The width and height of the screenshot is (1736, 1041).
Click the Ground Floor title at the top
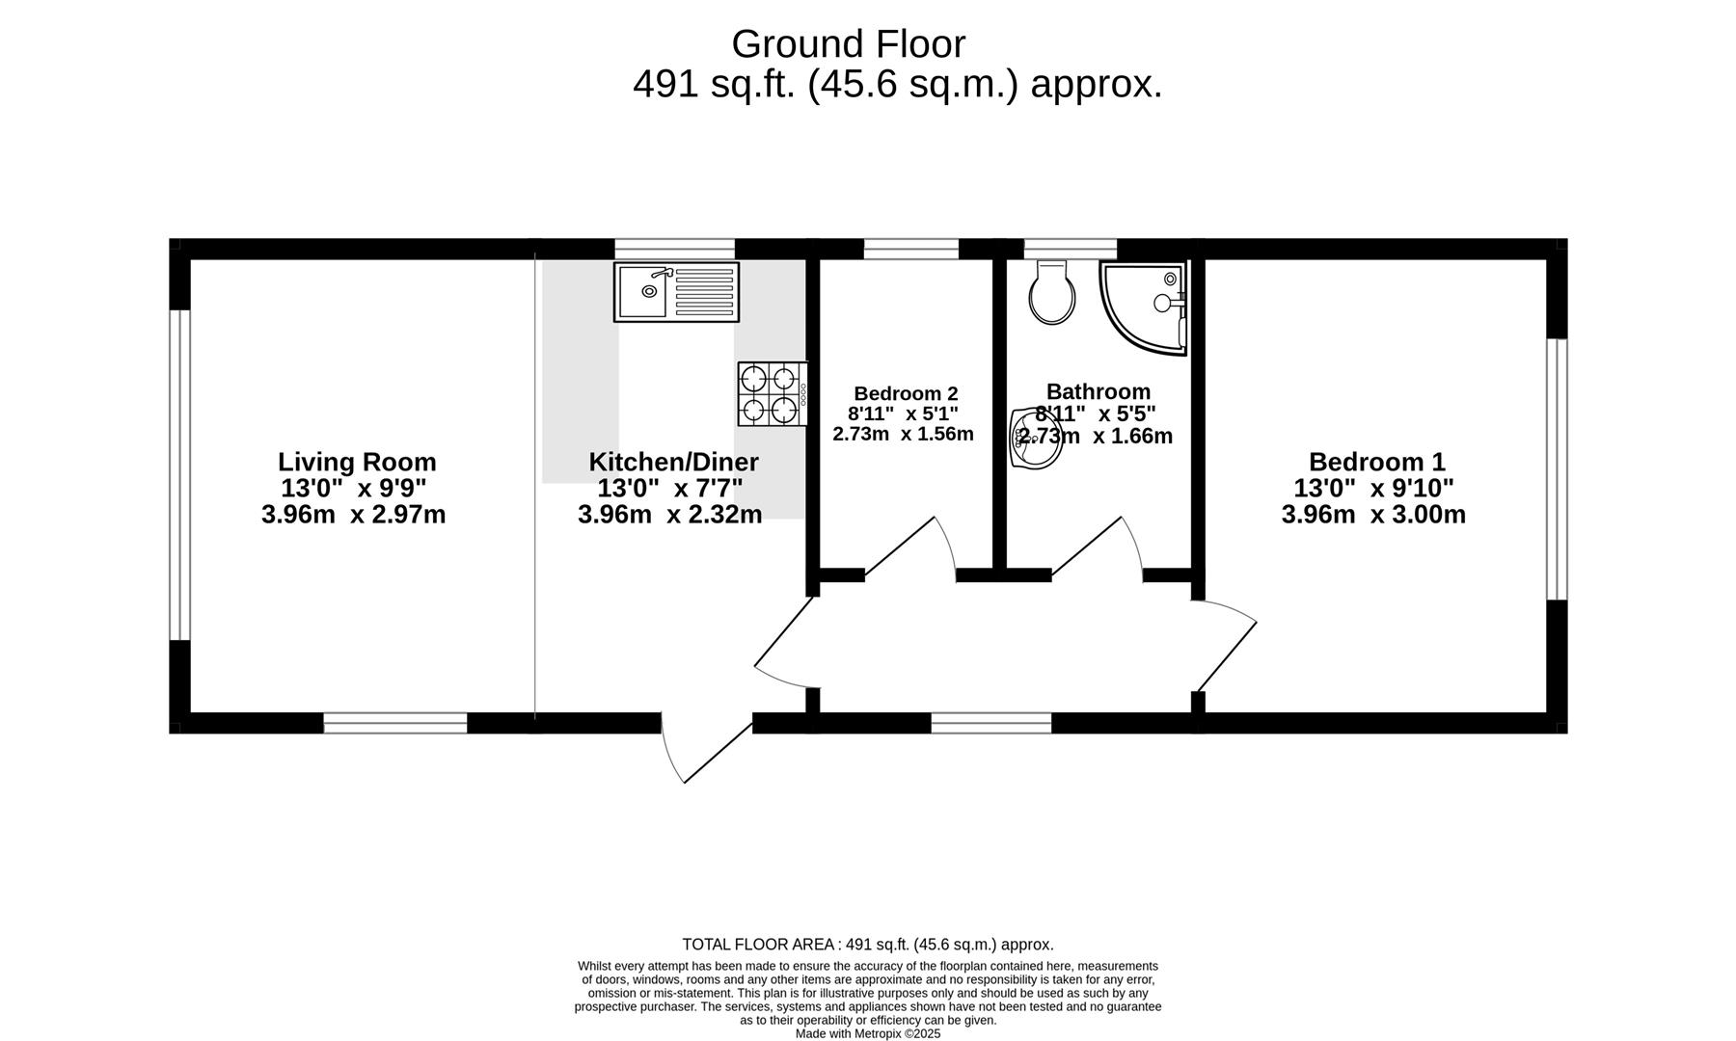(x=848, y=44)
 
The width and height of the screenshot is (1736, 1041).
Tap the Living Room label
(x=357, y=462)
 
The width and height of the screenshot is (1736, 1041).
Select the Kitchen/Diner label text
(x=673, y=462)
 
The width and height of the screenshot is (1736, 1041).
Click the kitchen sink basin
(x=642, y=291)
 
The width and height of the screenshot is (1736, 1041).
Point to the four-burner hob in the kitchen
(x=772, y=393)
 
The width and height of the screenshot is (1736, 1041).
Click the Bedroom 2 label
(x=906, y=393)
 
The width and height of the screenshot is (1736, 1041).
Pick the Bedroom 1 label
(x=1376, y=462)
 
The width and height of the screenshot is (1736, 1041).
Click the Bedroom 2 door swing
(x=911, y=549)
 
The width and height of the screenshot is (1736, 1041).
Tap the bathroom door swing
(x=1099, y=549)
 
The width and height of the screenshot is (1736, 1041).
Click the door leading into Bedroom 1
(x=1225, y=646)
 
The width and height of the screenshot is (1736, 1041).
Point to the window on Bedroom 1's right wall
(x=1557, y=469)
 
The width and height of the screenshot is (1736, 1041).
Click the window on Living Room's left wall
(x=179, y=474)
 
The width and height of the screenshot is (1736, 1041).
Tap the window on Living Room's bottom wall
(x=395, y=723)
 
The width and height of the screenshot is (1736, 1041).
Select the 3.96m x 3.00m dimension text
(x=1373, y=515)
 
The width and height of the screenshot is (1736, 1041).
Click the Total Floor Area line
(x=867, y=945)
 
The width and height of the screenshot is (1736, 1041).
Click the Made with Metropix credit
(x=867, y=1033)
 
